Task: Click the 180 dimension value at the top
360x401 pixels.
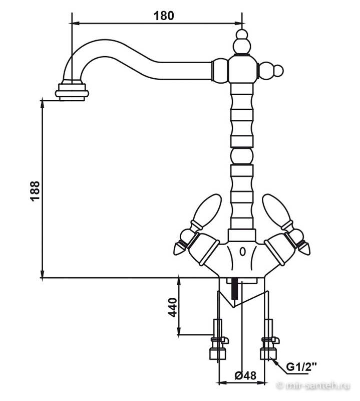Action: (x=164, y=16)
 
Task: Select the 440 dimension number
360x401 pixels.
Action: (x=173, y=307)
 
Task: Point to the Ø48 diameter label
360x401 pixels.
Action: (x=245, y=375)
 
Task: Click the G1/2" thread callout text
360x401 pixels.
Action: (x=301, y=367)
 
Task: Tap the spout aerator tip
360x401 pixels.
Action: (x=72, y=92)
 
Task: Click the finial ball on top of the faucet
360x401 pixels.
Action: (x=241, y=42)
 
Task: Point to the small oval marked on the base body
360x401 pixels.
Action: (x=242, y=252)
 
